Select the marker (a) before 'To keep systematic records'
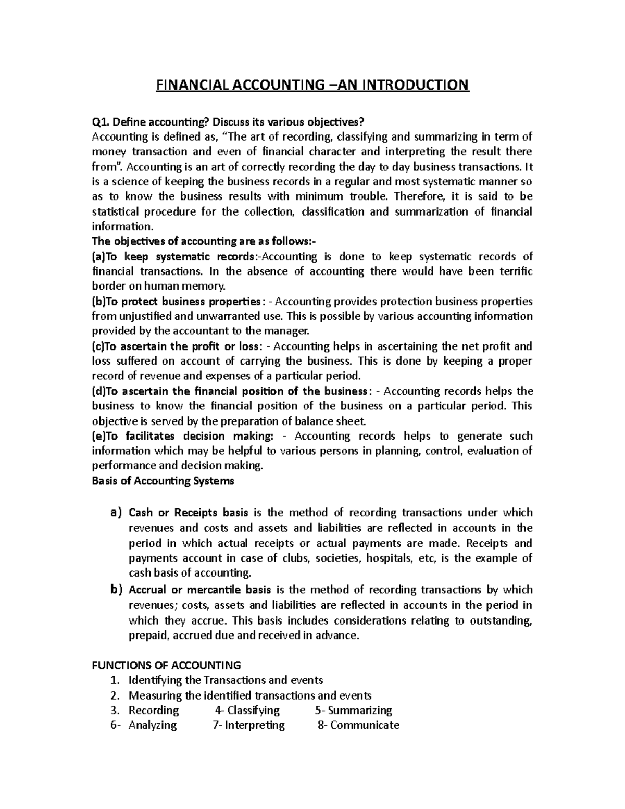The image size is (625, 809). (98, 256)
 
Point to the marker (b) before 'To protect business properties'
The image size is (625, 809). (98, 302)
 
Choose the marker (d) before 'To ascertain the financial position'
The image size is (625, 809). (98, 391)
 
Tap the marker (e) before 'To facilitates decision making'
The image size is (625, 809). (98, 436)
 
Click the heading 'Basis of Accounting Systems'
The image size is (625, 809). (163, 481)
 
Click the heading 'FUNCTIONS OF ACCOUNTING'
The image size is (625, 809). (166, 665)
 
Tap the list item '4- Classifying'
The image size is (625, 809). (247, 710)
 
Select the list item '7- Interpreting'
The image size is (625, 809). (249, 725)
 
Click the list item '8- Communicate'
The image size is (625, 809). (358, 725)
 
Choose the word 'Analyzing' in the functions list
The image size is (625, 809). (153, 725)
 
